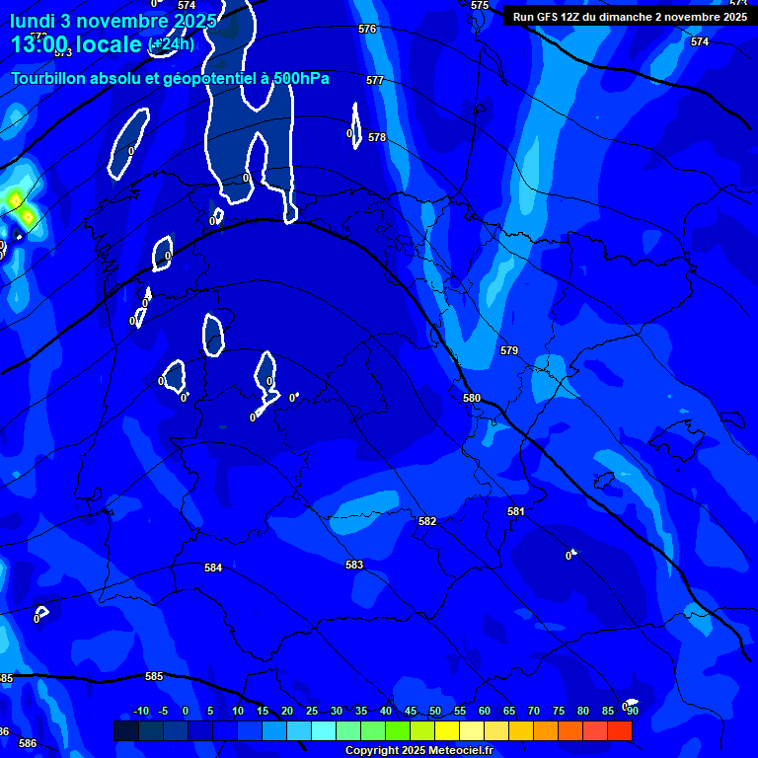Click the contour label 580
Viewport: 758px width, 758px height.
pyautogui.click(x=472, y=398)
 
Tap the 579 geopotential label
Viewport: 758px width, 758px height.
pyautogui.click(x=509, y=350)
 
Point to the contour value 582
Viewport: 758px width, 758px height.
pyautogui.click(x=426, y=521)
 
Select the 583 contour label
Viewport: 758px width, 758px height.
pyautogui.click(x=354, y=565)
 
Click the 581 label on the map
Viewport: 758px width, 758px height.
pyautogui.click(x=516, y=511)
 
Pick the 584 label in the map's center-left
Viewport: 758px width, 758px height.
pyautogui.click(x=213, y=568)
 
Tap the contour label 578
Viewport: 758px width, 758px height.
pyautogui.click(x=377, y=137)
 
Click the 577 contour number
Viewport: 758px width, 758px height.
pyautogui.click(x=375, y=80)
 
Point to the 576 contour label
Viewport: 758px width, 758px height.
pyautogui.click(x=367, y=29)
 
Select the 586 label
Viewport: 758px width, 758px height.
pyautogui.click(x=28, y=743)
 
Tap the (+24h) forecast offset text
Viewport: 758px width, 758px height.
pyautogui.click(x=171, y=44)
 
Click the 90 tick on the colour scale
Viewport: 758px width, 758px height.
pyautogui.click(x=632, y=711)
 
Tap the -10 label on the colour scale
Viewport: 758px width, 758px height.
pyautogui.click(x=140, y=711)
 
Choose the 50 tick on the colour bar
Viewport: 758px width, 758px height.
pyautogui.click(x=435, y=711)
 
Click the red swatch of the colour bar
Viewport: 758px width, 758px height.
pyautogui.click(x=619, y=730)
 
